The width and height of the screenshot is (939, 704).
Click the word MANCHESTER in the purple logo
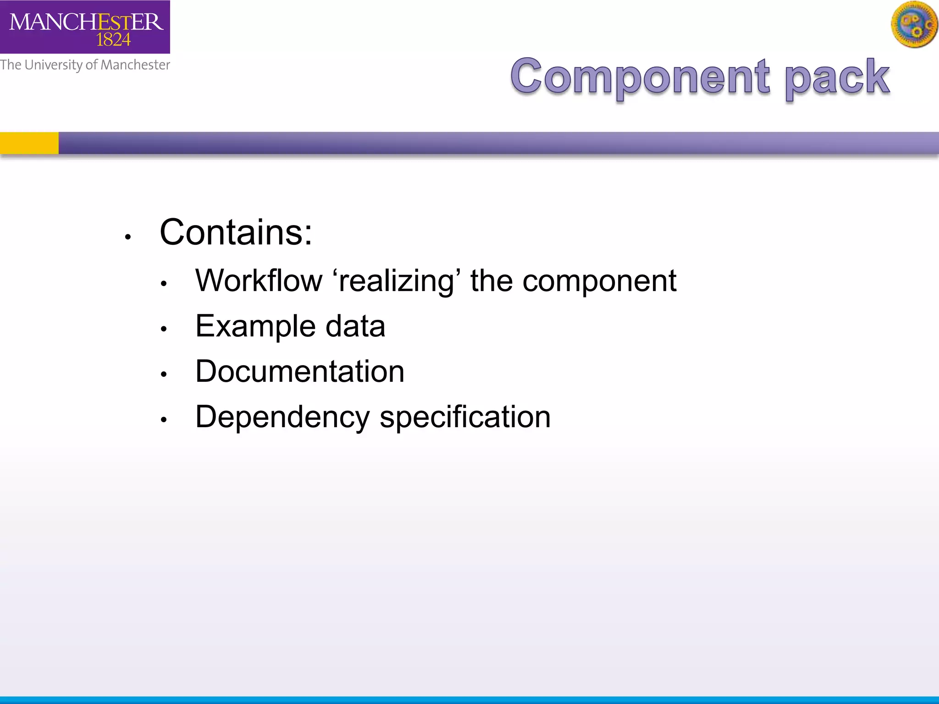click(86, 22)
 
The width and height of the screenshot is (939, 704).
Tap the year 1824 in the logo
click(113, 40)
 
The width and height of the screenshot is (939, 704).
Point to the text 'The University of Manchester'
click(85, 65)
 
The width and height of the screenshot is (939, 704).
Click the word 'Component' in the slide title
click(640, 77)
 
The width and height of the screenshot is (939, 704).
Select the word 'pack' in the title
click(837, 77)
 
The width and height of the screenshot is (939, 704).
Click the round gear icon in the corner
click(914, 25)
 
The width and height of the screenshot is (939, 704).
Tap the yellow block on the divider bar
click(29, 143)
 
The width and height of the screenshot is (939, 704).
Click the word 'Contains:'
click(236, 232)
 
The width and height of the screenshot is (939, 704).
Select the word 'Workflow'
click(259, 280)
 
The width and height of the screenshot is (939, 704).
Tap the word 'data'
click(355, 326)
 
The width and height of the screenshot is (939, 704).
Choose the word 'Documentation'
click(300, 371)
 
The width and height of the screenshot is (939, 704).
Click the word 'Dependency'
click(282, 418)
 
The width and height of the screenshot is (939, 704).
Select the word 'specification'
click(465, 418)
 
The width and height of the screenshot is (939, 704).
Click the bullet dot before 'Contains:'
click(128, 237)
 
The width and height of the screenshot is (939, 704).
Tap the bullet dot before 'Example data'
click(164, 329)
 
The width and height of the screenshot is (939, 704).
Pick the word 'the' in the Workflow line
click(491, 280)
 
